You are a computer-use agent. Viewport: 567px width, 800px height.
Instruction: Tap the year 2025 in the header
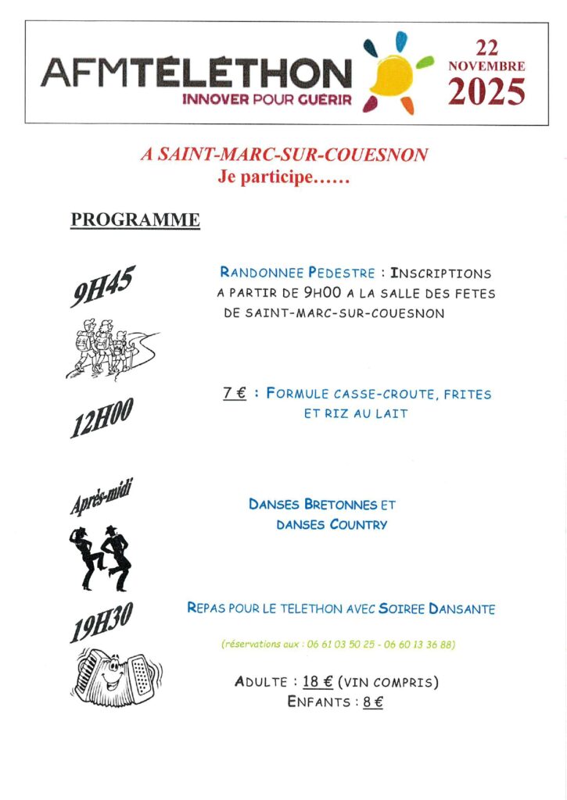[x=486, y=93]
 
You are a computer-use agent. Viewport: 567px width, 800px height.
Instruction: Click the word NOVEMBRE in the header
[x=486, y=66]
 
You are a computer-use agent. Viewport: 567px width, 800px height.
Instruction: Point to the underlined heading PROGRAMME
[x=135, y=220]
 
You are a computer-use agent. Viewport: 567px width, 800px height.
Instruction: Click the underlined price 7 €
[x=234, y=394]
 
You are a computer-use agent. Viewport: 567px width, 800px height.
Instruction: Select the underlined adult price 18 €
[x=318, y=682]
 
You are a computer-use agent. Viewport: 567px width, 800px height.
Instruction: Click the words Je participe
[x=264, y=177]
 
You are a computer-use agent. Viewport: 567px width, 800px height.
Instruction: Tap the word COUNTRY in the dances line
[x=358, y=525]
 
